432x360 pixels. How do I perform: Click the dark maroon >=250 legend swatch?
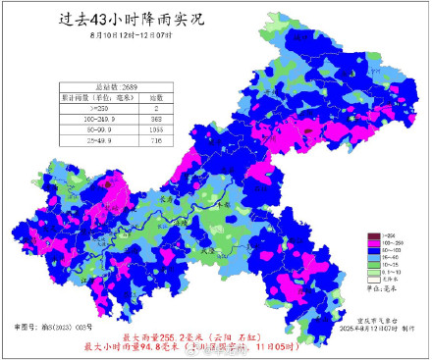[374, 237]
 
